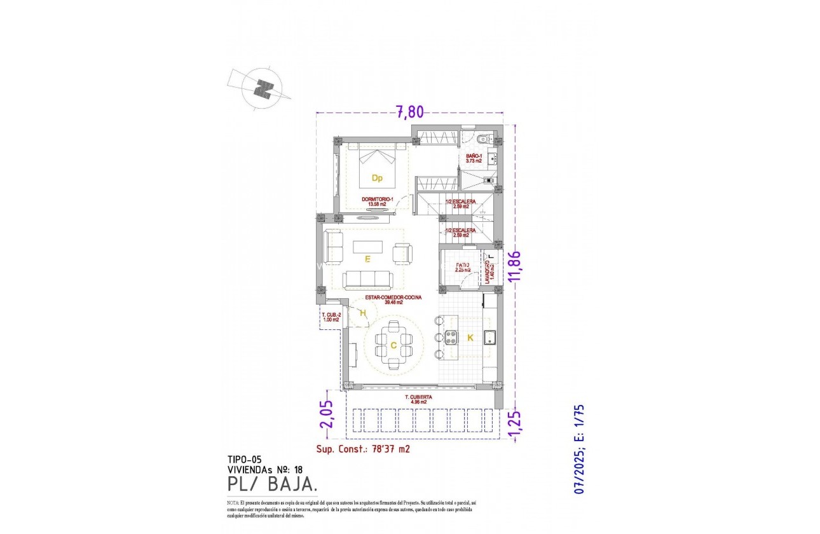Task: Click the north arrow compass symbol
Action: click(x=261, y=89)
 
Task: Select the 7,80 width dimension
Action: click(x=410, y=112)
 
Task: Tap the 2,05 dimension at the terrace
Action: click(x=325, y=415)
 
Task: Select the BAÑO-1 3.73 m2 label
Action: click(x=474, y=159)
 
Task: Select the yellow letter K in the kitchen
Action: click(x=470, y=338)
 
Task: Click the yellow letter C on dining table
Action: click(x=393, y=345)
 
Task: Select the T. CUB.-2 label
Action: click(x=330, y=317)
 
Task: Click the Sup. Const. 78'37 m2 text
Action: click(x=363, y=449)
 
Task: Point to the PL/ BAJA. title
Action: click(x=273, y=484)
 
